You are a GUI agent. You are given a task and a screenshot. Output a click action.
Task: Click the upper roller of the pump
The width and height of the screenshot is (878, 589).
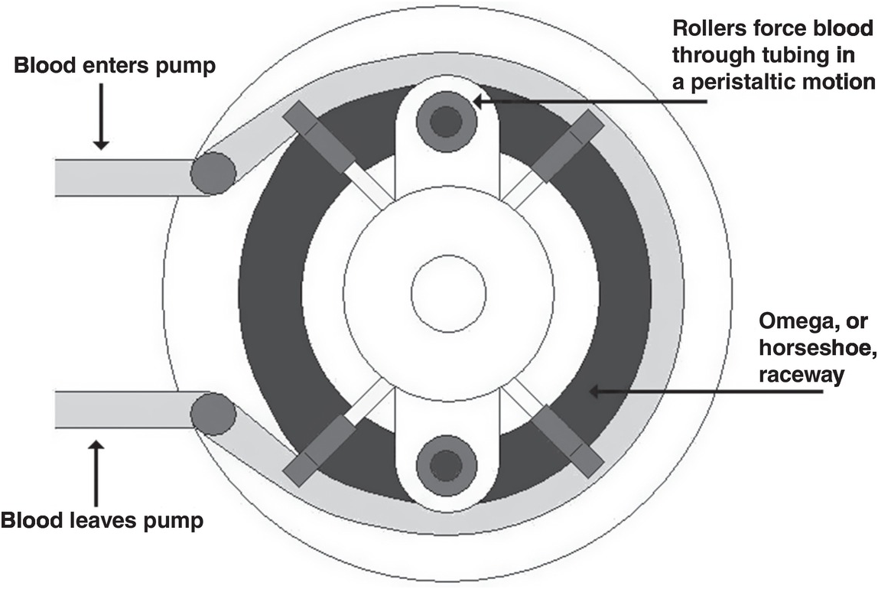click(447, 118)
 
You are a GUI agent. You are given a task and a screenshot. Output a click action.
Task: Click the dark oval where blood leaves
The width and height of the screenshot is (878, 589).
click(213, 414)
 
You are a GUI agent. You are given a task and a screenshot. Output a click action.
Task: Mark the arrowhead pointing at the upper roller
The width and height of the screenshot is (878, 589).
click(479, 100)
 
